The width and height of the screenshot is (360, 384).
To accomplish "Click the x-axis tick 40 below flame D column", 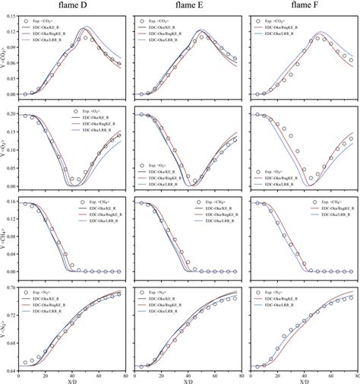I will coord(72,376).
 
